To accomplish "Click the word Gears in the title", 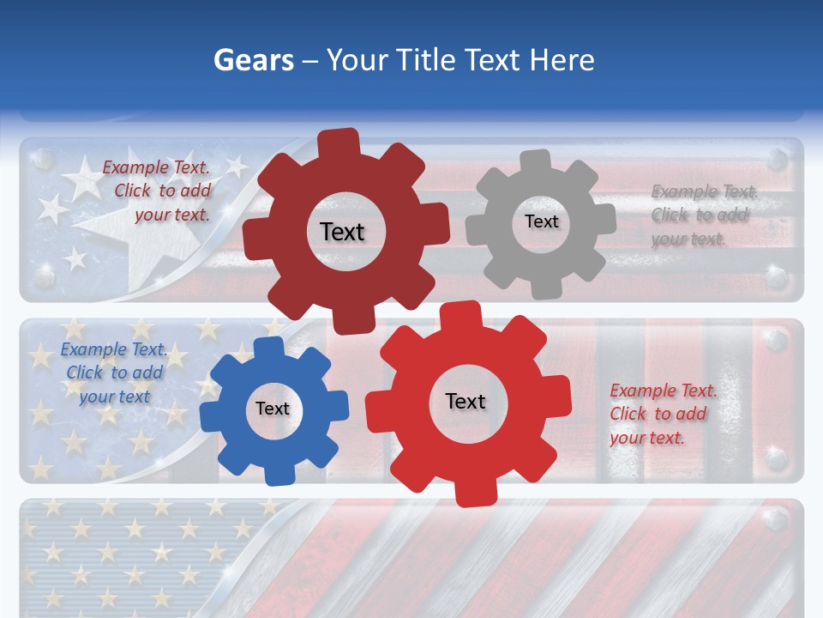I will tap(254, 60).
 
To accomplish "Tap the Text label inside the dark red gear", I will tap(342, 232).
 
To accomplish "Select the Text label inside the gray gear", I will tap(541, 221).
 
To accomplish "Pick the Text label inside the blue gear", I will tap(273, 409).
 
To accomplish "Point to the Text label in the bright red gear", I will tap(466, 401).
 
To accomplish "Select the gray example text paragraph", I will tap(704, 215).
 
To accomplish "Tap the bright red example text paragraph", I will tap(663, 414).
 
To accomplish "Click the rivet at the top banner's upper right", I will tap(777, 160).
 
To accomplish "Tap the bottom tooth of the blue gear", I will tap(276, 474).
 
